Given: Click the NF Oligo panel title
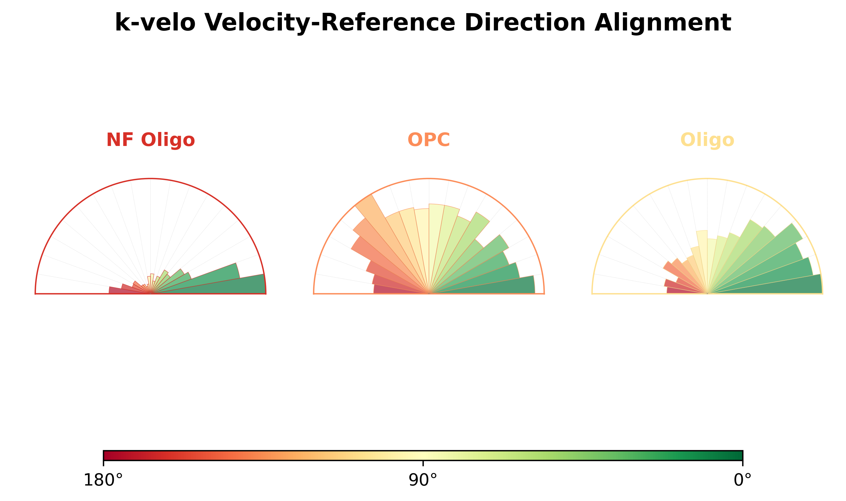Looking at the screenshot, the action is [x=150, y=140].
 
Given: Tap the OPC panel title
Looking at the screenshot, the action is [x=429, y=140].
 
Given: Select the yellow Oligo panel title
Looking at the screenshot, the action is [x=707, y=140].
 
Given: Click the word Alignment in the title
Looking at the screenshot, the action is [x=663, y=23].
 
